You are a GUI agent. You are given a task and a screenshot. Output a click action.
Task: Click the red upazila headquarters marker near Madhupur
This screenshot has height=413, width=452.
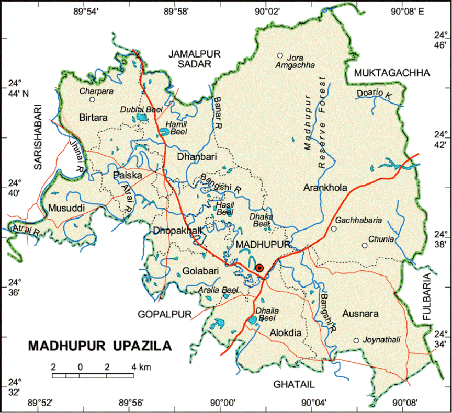pyautogui.click(x=259, y=268)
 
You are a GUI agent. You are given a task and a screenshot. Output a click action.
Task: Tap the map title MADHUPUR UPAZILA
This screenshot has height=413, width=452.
pyautogui.click(x=99, y=346)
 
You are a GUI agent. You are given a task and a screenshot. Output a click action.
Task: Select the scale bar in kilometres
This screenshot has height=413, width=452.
pyautogui.click(x=93, y=375)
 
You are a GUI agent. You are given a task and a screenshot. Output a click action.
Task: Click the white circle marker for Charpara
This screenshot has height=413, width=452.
pyautogui.click(x=92, y=99)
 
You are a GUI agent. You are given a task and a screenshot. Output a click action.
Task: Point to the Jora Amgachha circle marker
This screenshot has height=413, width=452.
pyautogui.click(x=280, y=55)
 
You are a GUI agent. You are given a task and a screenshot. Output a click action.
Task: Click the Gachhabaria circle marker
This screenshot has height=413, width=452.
pyautogui.click(x=333, y=228)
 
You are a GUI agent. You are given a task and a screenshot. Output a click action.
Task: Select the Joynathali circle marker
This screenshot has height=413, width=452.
pyautogui.click(x=356, y=340)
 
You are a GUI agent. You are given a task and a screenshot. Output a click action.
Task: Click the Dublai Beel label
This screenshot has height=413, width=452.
pyautogui.click(x=141, y=109)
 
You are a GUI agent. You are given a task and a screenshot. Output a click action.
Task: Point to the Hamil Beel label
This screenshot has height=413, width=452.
pyautogui.click(x=175, y=128)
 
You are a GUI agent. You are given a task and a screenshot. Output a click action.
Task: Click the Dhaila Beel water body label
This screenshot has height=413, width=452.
pyautogui.click(x=268, y=314)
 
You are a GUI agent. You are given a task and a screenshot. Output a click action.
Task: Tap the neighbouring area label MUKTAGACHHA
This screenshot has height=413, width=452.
pyautogui.click(x=391, y=73)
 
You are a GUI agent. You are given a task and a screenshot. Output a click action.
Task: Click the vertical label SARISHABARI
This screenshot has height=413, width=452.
pyautogui.click(x=38, y=137)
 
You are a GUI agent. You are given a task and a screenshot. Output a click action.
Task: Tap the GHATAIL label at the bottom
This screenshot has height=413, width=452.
pyautogui.click(x=293, y=385)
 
